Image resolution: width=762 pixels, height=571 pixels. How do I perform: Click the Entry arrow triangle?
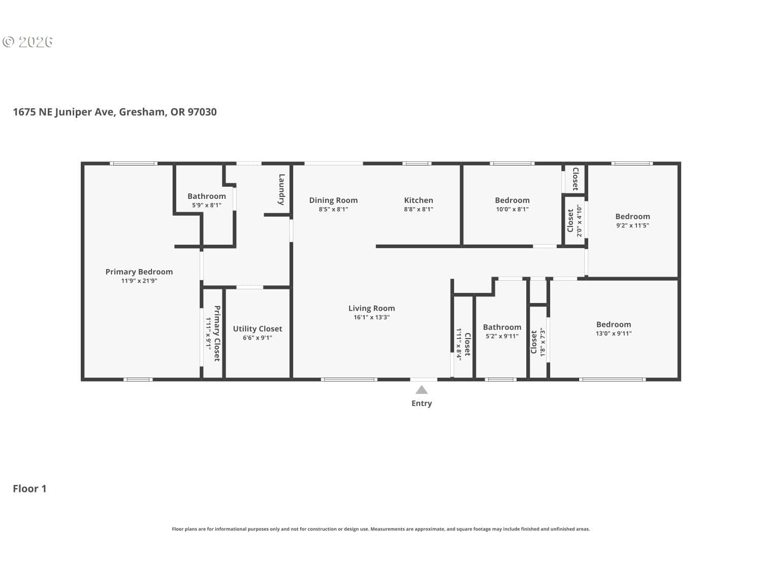[x=422, y=390]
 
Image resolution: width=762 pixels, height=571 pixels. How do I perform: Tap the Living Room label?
[x=371, y=308]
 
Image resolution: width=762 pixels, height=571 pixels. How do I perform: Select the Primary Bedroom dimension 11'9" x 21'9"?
[x=139, y=281]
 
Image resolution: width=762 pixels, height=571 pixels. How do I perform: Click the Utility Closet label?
[x=257, y=329]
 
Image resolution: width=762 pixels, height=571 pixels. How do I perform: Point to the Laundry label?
[x=282, y=189]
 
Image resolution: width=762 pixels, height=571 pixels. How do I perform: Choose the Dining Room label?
[x=333, y=200]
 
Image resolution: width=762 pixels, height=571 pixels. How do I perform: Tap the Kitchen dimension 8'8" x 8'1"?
[x=418, y=210]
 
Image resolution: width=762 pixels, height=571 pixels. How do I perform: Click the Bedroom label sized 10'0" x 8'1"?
[x=512, y=200]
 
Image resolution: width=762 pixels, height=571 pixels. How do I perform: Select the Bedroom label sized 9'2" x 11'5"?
[x=632, y=217]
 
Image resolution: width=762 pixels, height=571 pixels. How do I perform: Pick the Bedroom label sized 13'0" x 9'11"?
[x=614, y=324]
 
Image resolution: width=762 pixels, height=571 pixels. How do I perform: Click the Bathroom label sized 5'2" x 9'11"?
[x=502, y=327]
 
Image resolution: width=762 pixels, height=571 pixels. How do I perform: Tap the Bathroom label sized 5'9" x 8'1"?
[x=207, y=196]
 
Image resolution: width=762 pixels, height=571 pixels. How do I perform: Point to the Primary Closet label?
[x=217, y=333]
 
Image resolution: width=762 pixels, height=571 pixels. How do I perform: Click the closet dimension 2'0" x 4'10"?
[x=579, y=220]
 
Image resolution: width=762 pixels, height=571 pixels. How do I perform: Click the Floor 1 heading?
[x=29, y=489]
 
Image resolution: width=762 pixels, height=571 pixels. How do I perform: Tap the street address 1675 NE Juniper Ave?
[x=63, y=112]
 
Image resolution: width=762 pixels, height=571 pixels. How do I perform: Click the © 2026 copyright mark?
[x=27, y=42]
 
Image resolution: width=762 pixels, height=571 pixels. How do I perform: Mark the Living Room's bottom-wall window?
[x=349, y=380]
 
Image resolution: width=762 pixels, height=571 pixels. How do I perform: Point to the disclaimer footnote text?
[x=381, y=529]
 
